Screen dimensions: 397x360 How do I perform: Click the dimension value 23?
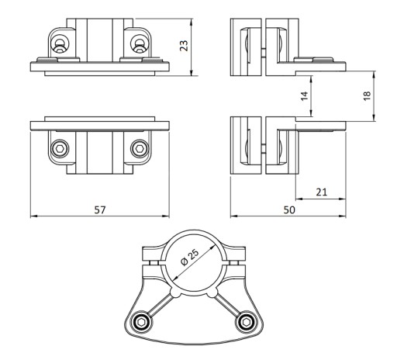(x=185, y=46)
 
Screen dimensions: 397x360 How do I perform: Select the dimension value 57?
(x=100, y=210)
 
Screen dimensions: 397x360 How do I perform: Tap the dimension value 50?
(x=289, y=210)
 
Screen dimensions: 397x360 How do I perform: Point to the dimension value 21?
(x=321, y=192)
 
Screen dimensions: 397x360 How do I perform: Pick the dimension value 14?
(x=305, y=96)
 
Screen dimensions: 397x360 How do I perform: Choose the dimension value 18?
(x=367, y=96)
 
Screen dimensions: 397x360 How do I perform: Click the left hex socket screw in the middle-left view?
(x=60, y=149)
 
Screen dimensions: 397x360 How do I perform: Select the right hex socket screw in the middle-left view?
(x=140, y=149)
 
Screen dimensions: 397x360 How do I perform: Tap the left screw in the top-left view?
(x=60, y=44)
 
